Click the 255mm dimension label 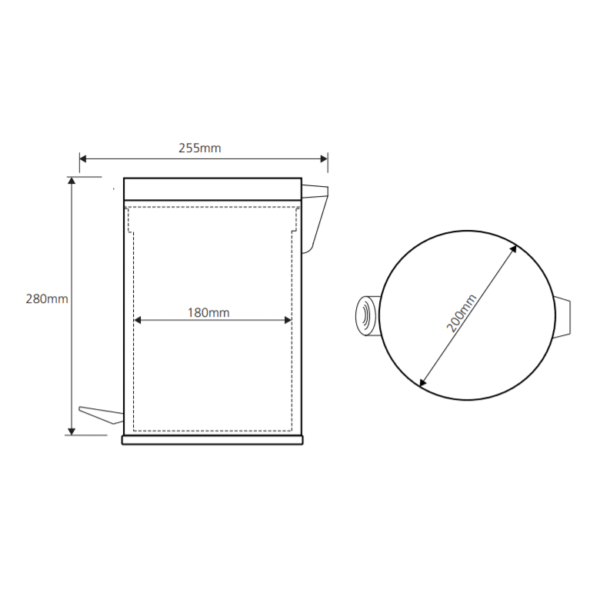199,148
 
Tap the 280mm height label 47,298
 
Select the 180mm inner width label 208,313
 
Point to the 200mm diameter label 461,314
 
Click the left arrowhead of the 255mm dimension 83,158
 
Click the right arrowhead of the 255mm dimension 324,158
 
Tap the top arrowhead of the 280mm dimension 72,181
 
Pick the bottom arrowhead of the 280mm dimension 72,431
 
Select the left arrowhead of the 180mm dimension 138,320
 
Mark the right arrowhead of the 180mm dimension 288,320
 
